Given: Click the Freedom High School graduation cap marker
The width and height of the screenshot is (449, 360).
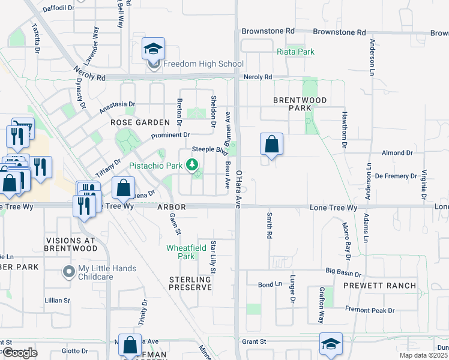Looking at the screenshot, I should [x=154, y=49].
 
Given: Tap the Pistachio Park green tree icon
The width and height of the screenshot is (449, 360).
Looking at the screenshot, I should [x=192, y=164].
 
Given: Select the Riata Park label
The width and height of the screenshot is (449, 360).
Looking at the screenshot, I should [x=295, y=52].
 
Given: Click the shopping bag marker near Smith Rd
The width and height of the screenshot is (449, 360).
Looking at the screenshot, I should [x=272, y=144].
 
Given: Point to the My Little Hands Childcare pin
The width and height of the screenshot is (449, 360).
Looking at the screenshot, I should [x=69, y=272].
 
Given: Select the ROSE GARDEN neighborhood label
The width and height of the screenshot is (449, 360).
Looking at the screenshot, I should [x=136, y=122].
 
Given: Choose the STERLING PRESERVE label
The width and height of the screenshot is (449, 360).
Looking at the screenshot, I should [x=190, y=283].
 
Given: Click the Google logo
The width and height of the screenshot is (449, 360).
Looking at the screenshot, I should [x=20, y=353].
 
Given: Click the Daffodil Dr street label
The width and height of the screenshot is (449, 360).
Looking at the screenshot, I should [x=58, y=8].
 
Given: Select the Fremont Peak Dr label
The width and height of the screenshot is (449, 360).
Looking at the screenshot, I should [x=370, y=310].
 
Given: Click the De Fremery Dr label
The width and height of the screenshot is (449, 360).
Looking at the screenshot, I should [x=396, y=176].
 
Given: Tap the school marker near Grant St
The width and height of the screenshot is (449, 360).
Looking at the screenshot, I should [x=331, y=344].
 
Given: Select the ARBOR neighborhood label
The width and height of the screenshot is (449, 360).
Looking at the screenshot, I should [x=172, y=206].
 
